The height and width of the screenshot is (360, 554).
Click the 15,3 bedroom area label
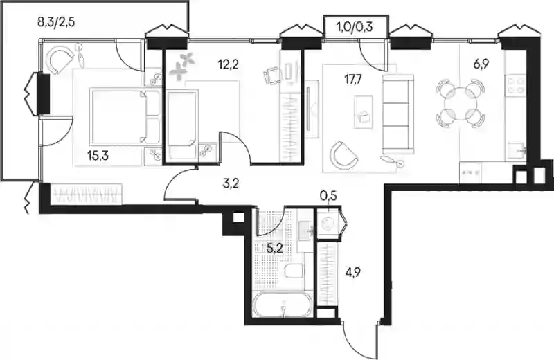pyautogui.click(x=98, y=155)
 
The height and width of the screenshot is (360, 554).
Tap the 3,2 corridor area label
pyautogui.click(x=231, y=183)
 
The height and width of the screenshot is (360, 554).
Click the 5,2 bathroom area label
pyautogui.click(x=274, y=249)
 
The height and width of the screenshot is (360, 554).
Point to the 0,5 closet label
pyautogui.click(x=328, y=196)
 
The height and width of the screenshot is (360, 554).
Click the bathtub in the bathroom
pyautogui.click(x=282, y=304)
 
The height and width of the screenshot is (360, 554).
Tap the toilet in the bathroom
pyautogui.click(x=294, y=271)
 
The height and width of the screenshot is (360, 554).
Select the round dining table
pyautogui.click(x=460, y=104)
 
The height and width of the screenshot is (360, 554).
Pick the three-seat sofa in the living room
pyautogui.click(x=397, y=114)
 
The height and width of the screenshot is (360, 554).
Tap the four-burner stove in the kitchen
pyautogui.click(x=516, y=84)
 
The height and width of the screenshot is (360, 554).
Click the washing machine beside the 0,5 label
pyautogui.click(x=328, y=224)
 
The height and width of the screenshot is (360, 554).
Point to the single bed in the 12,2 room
pyautogui.click(x=181, y=125)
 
